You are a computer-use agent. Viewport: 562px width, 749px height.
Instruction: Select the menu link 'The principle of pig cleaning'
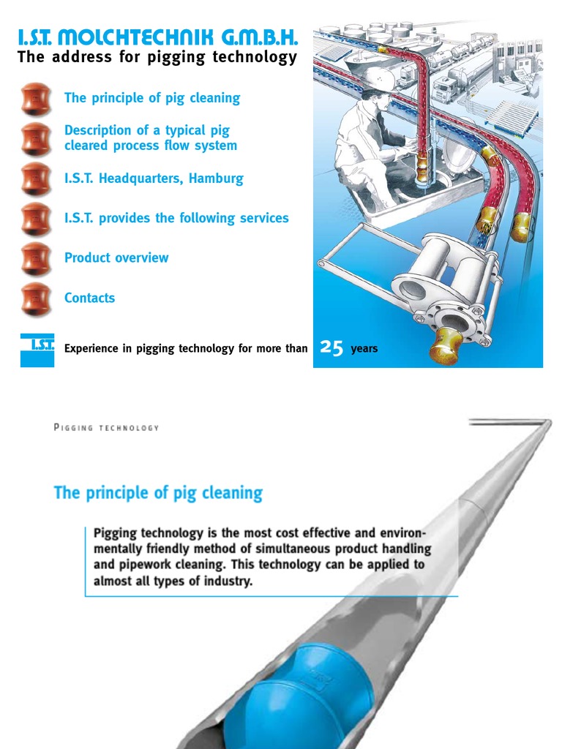(152, 98)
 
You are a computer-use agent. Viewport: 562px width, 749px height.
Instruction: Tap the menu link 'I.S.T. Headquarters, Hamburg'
(154, 178)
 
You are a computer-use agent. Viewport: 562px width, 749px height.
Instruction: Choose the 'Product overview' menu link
(116, 257)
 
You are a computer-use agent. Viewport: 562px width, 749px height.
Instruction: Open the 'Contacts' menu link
(89, 298)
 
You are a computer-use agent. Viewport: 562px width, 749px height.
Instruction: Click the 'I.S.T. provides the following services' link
(176, 218)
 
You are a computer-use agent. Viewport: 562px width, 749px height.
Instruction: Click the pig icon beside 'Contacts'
(36, 298)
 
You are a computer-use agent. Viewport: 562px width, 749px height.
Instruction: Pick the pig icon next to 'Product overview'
(36, 258)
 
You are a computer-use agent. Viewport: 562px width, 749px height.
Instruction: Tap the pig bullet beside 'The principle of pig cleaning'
(36, 99)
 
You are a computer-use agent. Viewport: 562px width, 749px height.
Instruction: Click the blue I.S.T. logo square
(37, 349)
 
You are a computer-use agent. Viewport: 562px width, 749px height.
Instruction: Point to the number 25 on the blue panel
(332, 348)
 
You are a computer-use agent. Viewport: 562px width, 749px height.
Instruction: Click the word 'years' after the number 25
(364, 349)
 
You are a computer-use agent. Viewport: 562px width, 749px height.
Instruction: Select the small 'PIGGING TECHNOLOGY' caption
(106, 428)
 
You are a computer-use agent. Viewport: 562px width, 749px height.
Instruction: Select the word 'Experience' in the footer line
(91, 349)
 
